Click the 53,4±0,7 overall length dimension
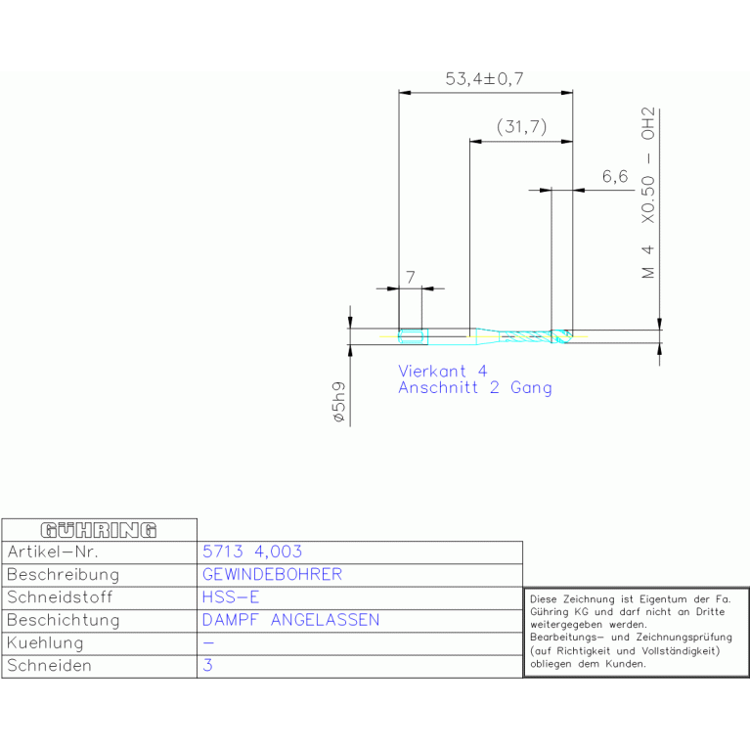484,79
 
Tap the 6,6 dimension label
615,176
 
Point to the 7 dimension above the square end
411,277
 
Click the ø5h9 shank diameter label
338,402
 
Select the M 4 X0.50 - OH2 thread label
647,193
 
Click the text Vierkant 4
442,371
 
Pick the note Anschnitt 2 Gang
475,387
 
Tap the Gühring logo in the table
99,530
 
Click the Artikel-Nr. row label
53,551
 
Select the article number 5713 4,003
252,551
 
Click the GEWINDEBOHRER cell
272,574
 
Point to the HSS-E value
231,596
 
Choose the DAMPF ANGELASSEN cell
290,620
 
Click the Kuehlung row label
45,642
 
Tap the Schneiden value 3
207,665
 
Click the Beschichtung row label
64,620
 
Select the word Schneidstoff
60,597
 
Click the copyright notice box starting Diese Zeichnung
637,632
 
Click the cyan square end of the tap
413,336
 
